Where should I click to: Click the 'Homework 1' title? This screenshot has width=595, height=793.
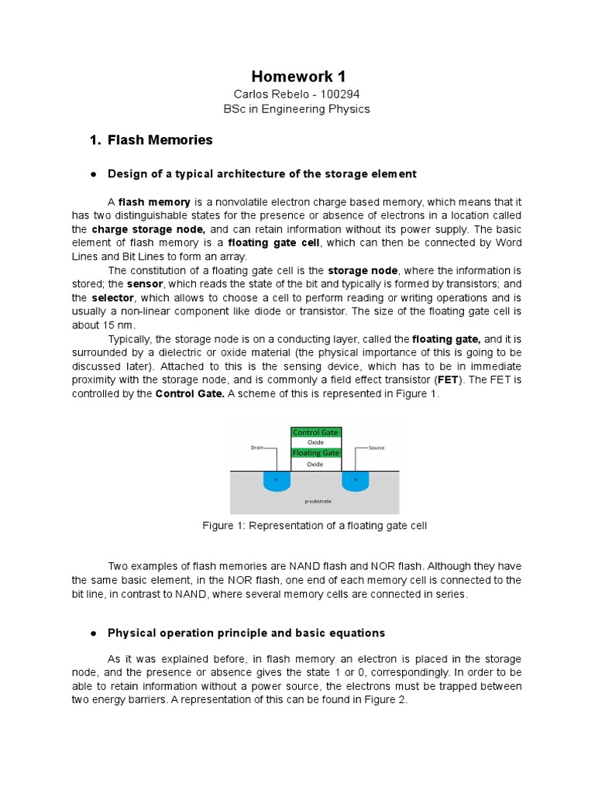coord(298,76)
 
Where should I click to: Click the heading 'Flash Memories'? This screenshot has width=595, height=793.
coord(160,140)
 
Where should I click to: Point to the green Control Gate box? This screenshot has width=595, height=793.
coord(315,432)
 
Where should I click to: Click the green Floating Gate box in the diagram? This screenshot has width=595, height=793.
coord(315,452)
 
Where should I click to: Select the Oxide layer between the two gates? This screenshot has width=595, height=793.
coord(315,442)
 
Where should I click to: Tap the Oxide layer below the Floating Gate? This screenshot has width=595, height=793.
coord(315,464)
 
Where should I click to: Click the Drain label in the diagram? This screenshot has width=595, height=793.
coord(258,448)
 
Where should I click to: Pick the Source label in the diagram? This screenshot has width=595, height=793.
coord(377,448)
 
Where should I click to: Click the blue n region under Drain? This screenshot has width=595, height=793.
coord(276,481)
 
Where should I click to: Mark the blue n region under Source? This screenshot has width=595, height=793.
coord(355,481)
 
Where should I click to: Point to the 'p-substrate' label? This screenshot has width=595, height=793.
coord(318,501)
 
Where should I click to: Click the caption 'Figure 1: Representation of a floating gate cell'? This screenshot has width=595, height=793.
coord(315,526)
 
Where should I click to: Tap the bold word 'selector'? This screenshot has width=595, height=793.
coord(113,297)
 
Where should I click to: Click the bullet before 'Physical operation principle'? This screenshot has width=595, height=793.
coord(92,633)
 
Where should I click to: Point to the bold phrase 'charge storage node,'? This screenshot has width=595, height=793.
coord(148,229)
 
